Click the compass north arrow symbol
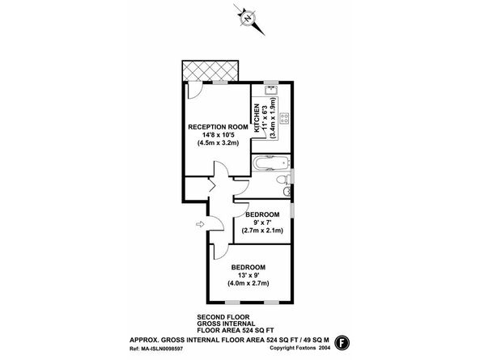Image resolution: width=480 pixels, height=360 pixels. pos(248,19)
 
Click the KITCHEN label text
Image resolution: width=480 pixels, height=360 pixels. pos(257,118)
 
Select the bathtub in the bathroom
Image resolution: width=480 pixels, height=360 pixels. pos(271,163)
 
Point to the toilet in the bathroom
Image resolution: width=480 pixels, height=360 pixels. pos(282,180)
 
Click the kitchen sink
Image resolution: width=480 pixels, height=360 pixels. pos(271,91)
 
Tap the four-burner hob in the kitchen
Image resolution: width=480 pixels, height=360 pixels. pos(284,119)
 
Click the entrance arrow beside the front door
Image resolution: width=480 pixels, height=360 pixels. pos(200,224)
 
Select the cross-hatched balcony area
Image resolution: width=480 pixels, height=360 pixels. pos(210,71)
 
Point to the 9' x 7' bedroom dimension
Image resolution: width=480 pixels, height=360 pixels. pos(262,222)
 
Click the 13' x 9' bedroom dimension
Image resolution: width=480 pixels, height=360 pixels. pos(248,275)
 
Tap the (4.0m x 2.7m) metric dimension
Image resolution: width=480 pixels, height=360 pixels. pos(248,283)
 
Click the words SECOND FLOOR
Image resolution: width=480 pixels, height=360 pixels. pos(223,317)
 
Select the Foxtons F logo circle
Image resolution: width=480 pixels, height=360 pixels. pos(342,342)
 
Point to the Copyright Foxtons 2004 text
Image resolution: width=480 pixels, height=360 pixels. pos(300,348)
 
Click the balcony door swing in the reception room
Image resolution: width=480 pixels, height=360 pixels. pos(195,91)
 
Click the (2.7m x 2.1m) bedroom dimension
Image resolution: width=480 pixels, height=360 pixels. pos(262,231)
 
